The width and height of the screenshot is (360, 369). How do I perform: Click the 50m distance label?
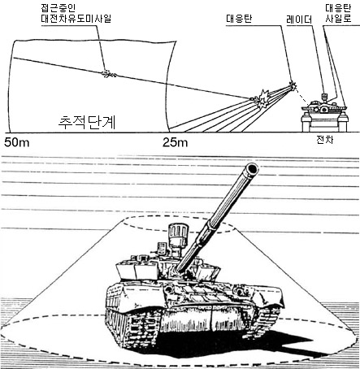[17, 142]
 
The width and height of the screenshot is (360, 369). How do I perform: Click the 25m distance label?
[176, 142]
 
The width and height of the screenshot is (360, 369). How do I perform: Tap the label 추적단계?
[87, 122]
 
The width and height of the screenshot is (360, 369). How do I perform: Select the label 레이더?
[299, 20]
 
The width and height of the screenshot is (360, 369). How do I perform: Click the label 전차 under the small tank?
[325, 140]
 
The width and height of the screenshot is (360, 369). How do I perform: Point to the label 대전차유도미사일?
[76, 18]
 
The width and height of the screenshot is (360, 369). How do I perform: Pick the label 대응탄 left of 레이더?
[239, 19]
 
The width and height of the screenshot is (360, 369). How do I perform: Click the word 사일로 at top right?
[338, 19]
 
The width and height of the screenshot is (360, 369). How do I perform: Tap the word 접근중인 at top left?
[59, 7]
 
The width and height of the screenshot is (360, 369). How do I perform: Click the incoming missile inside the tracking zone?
[109, 73]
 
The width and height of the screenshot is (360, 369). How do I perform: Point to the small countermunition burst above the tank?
[293, 85]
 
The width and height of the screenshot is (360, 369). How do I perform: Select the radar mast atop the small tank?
[324, 97]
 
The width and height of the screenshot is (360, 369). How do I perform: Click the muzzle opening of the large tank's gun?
[252, 168]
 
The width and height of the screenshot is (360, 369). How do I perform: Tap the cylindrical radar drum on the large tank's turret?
[178, 234]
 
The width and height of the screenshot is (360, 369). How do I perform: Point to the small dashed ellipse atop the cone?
[177, 224]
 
